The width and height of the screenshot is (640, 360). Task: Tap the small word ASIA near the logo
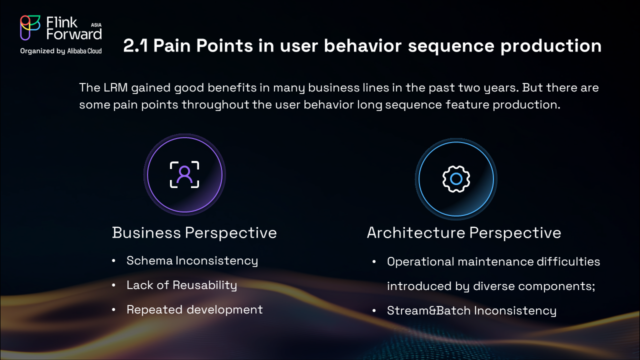[96, 24]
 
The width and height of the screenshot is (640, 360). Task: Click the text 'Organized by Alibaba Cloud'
[60, 51]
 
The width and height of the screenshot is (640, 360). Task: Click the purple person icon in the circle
[184, 174]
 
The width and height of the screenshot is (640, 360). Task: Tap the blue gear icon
[456, 178]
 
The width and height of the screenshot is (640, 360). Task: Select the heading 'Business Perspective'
[194, 232]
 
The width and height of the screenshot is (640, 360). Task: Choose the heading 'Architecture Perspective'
[463, 232]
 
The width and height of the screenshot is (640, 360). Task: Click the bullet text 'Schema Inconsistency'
[192, 260]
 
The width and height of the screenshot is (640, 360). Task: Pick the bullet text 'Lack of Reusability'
[181, 285]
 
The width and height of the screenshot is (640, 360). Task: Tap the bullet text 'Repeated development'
[194, 309]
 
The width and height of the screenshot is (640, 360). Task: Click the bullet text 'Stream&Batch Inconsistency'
[471, 310]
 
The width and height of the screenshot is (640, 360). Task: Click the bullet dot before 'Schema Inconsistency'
[114, 261]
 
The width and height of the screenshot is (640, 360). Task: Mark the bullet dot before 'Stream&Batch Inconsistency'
[374, 311]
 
